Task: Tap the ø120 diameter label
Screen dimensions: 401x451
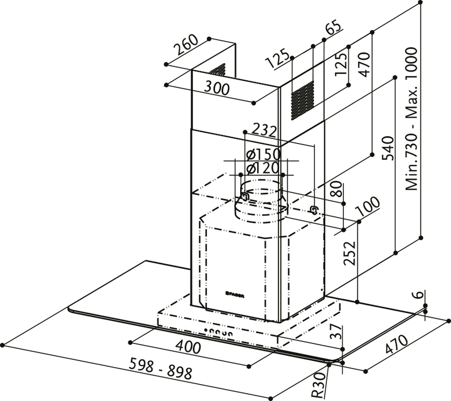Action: click(260, 168)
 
